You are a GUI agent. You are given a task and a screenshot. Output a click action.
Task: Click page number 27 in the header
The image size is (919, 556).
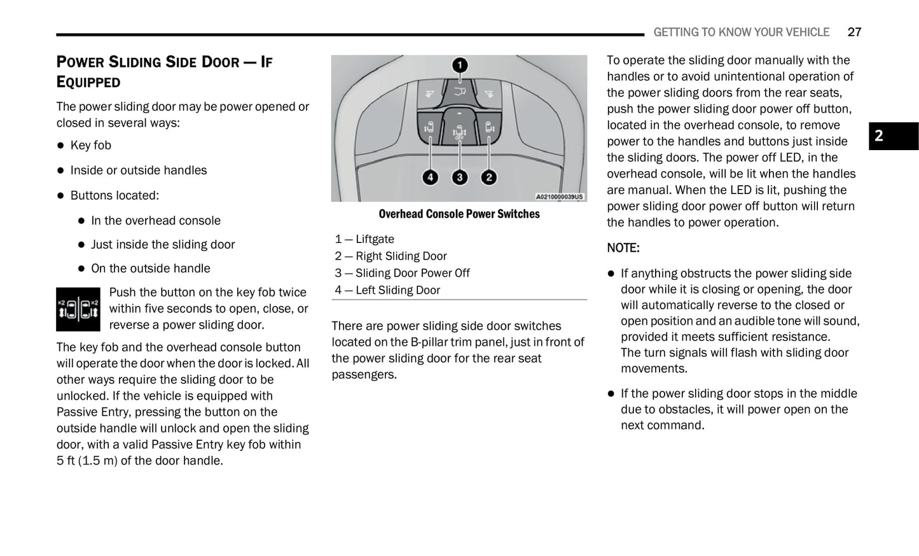click(854, 32)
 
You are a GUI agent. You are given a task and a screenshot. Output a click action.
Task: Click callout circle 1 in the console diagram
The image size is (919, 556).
click(459, 65)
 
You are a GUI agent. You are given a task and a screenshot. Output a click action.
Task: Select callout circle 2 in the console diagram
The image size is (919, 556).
click(488, 177)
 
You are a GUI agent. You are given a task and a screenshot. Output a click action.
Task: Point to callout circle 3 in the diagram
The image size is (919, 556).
click(459, 177)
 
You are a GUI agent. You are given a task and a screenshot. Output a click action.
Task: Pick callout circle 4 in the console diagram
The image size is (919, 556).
click(431, 177)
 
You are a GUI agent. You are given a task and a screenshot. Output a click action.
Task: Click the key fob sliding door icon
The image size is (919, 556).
click(78, 309)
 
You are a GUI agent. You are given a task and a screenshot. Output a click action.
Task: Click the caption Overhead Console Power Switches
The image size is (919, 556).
click(459, 214)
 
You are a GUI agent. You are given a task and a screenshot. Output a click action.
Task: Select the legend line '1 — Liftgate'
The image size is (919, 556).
click(364, 239)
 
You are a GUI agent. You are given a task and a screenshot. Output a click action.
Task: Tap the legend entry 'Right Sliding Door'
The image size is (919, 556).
click(401, 256)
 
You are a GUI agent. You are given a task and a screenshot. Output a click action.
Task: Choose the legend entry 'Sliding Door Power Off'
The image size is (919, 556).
click(412, 273)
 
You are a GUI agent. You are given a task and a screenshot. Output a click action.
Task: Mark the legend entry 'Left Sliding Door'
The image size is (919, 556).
click(397, 290)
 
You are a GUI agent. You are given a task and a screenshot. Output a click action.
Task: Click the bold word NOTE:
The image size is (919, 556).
click(623, 248)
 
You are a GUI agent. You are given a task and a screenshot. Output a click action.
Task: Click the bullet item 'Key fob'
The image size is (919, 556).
click(90, 145)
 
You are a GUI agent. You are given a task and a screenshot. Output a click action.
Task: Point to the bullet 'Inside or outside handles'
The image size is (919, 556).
click(138, 170)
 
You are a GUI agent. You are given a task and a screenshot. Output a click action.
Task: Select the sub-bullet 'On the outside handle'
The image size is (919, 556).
click(150, 268)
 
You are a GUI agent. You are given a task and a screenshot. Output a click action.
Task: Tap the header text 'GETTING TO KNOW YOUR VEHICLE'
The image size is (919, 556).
click(741, 32)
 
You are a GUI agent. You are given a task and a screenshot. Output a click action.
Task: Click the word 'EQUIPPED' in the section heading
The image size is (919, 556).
click(88, 82)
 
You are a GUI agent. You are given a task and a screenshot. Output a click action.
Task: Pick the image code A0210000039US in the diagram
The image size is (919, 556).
click(558, 197)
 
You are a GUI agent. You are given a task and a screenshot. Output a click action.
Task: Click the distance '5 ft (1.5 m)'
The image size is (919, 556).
click(86, 461)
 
